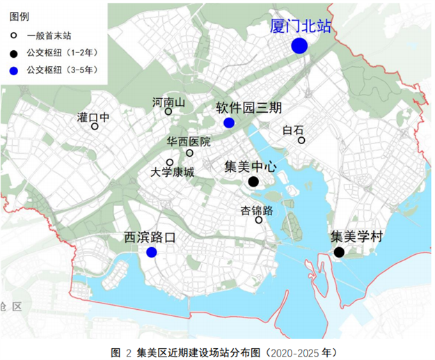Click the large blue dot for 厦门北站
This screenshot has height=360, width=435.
click(x=300, y=46)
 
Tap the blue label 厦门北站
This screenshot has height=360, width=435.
click(x=301, y=26)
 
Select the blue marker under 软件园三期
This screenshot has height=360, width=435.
click(x=229, y=123)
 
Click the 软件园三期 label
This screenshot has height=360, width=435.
click(x=248, y=108)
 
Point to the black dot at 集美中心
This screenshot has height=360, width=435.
click(x=253, y=182)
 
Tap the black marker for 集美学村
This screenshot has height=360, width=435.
click(x=339, y=252)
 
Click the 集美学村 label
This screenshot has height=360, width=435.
click(x=356, y=237)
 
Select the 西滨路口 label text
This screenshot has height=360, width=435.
click(x=149, y=237)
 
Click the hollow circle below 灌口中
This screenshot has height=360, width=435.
click(x=95, y=127)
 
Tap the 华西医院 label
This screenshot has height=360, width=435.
click(x=188, y=141)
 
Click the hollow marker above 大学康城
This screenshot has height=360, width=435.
click(x=169, y=162)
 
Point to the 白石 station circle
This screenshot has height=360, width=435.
click(x=302, y=141)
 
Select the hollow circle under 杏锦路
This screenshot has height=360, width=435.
click(x=259, y=220)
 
